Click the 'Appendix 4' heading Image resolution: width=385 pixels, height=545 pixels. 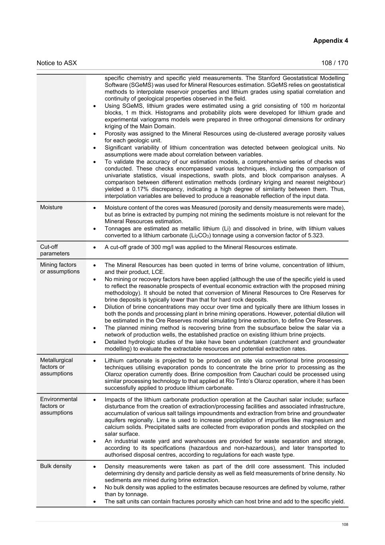pyautogui.click(x=330, y=41)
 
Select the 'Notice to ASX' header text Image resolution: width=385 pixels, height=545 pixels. pyautogui.click(x=57, y=63)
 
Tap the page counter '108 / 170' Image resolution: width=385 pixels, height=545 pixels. pyautogui.click(x=334, y=63)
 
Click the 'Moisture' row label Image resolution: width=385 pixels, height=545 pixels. pyautogui.click(x=51, y=207)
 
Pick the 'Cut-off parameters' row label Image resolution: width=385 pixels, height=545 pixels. pyautogui.click(x=55, y=250)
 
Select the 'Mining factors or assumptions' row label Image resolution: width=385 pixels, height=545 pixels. pyautogui.click(x=60, y=268)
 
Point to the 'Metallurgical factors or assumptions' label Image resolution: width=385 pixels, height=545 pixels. pyautogui.click(x=56, y=367)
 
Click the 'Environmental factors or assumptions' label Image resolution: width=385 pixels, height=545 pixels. pyautogui.click(x=59, y=406)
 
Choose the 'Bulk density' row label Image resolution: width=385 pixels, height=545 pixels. pyautogui.click(x=56, y=466)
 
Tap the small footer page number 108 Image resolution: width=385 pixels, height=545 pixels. pyautogui.click(x=345, y=525)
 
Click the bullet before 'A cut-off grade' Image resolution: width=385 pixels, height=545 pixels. pyautogui.click(x=94, y=248)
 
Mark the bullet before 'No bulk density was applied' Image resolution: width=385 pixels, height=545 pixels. pyautogui.click(x=94, y=488)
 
